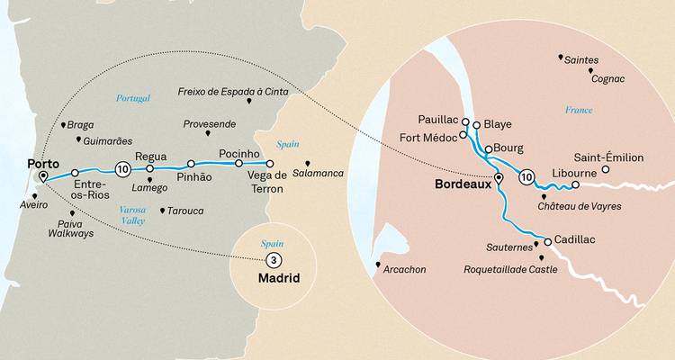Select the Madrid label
point(278,278)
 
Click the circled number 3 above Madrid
point(272,260)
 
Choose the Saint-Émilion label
point(610,157)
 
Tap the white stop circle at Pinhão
point(191,164)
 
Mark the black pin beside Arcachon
point(378,265)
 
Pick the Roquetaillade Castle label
point(510,268)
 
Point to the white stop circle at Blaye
point(477,125)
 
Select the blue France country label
point(579,110)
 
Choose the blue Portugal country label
point(131,97)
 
